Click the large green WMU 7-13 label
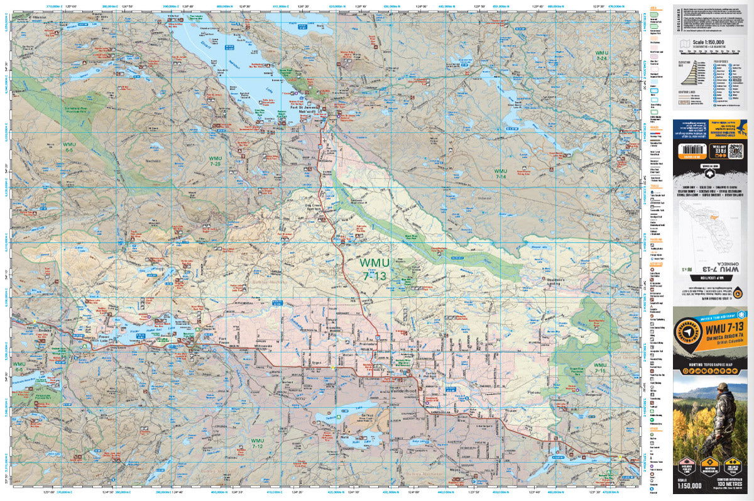[x=375, y=268]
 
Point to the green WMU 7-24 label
[x=601, y=55]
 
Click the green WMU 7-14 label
[x=501, y=174]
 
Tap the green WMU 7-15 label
[x=600, y=368]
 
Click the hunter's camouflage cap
[x=723, y=387]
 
